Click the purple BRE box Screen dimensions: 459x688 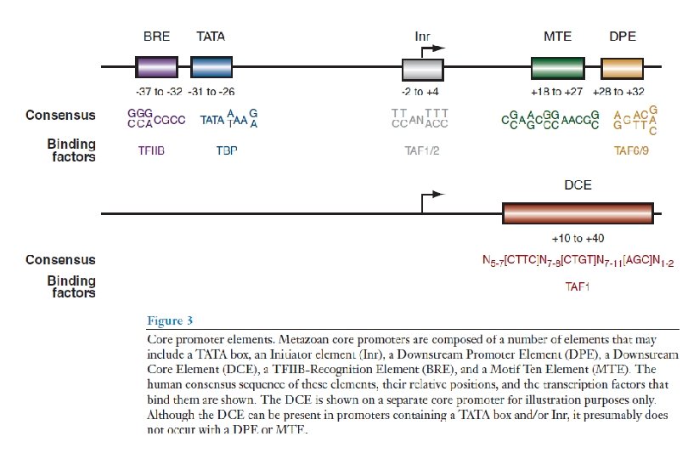tap(156, 68)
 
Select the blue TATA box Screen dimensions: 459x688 tap(211, 68)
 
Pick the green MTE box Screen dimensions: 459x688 tap(557, 68)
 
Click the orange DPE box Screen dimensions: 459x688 tap(622, 68)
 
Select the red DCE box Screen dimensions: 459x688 tap(578, 213)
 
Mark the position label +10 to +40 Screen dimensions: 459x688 tap(578, 238)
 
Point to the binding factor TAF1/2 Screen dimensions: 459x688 tap(422, 150)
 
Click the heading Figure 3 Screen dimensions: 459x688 tap(170, 320)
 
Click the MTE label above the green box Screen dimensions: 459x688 tap(557, 37)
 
